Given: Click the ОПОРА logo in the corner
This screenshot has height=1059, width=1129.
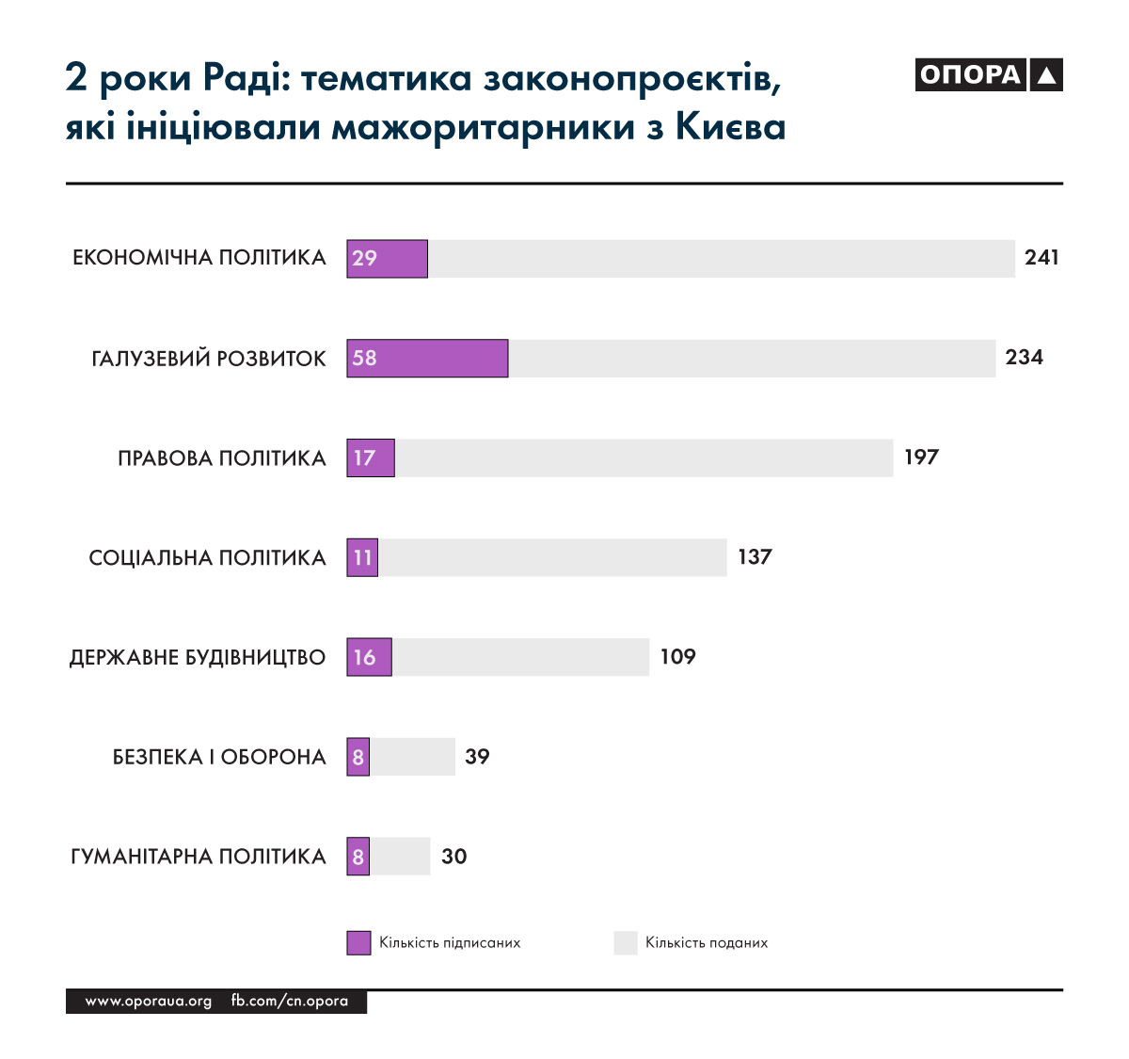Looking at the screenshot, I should click(x=988, y=75).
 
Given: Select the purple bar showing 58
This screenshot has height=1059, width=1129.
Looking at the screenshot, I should click(x=427, y=359).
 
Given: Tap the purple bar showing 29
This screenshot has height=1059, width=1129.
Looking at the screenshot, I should click(x=387, y=259).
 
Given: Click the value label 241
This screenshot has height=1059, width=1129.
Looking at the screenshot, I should click(x=1042, y=257).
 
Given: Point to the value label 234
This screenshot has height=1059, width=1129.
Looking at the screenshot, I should click(x=1024, y=357).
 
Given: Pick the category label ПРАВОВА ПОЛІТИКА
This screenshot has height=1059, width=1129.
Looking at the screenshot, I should click(x=221, y=458).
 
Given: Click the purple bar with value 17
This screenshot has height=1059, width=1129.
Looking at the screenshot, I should click(x=371, y=458).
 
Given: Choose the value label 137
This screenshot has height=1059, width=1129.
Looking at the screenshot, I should click(x=755, y=556).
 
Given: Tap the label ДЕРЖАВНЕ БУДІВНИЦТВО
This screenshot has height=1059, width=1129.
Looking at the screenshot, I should click(x=198, y=657).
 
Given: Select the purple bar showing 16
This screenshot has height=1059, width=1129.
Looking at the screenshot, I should click(x=369, y=657).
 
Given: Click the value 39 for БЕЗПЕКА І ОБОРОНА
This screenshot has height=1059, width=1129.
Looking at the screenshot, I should click(x=477, y=756).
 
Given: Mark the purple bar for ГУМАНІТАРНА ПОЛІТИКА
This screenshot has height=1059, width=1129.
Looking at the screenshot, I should click(x=358, y=857).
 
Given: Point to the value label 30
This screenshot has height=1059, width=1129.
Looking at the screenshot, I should click(x=453, y=856).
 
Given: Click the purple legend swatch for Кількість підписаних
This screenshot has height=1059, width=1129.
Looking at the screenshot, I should click(x=358, y=942).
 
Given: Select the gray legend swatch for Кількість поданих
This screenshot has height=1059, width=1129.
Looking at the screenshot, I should click(x=626, y=942).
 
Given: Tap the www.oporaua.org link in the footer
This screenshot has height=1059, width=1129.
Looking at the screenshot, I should click(x=149, y=1002).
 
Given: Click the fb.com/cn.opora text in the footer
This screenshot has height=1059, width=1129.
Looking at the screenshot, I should click(x=290, y=1002).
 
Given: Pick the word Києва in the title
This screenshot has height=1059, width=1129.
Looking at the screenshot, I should click(x=730, y=127).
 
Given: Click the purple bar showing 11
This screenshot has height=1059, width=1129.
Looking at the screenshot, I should click(x=362, y=558).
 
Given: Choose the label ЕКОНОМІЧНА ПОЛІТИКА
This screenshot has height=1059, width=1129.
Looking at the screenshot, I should click(x=199, y=258).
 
